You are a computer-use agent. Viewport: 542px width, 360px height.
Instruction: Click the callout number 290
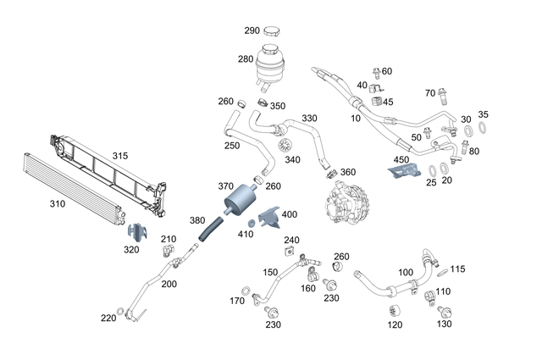point(252,30)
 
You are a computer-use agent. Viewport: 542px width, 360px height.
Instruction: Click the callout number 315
point(120,156)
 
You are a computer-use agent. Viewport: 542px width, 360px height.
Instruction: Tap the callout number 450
point(401,159)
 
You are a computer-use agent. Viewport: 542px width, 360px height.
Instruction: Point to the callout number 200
point(169,284)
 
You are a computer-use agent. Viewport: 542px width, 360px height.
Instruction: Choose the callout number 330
point(309,118)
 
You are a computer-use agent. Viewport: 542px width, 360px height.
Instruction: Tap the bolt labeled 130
point(443,309)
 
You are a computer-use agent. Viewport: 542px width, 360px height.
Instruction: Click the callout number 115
point(458,269)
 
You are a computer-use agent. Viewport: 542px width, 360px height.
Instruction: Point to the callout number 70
point(429,92)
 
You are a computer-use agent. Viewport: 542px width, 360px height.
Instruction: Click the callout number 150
point(270,273)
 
